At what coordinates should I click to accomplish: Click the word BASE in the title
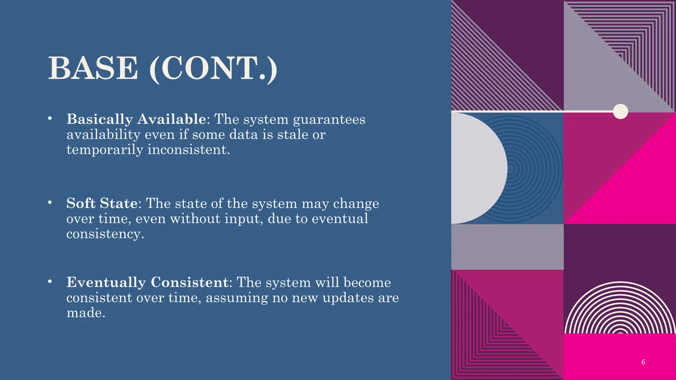[x=93, y=68]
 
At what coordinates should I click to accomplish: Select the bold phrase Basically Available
[x=136, y=119]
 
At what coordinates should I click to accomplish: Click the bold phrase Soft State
[x=102, y=203]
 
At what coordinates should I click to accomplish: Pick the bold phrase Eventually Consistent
[x=147, y=282]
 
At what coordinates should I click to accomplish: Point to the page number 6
[x=643, y=362]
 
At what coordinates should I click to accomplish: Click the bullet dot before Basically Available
[x=50, y=118]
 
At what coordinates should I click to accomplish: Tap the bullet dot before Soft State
[x=50, y=203]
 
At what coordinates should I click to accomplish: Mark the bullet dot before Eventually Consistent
[x=50, y=282]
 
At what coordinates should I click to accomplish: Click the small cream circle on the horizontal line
[x=620, y=111]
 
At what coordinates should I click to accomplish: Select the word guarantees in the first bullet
[x=329, y=119]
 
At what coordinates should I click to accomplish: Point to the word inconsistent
[x=188, y=150]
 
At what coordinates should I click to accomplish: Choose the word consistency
[x=105, y=234]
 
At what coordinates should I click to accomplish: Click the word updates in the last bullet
[x=348, y=298]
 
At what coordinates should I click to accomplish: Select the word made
[x=86, y=313]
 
